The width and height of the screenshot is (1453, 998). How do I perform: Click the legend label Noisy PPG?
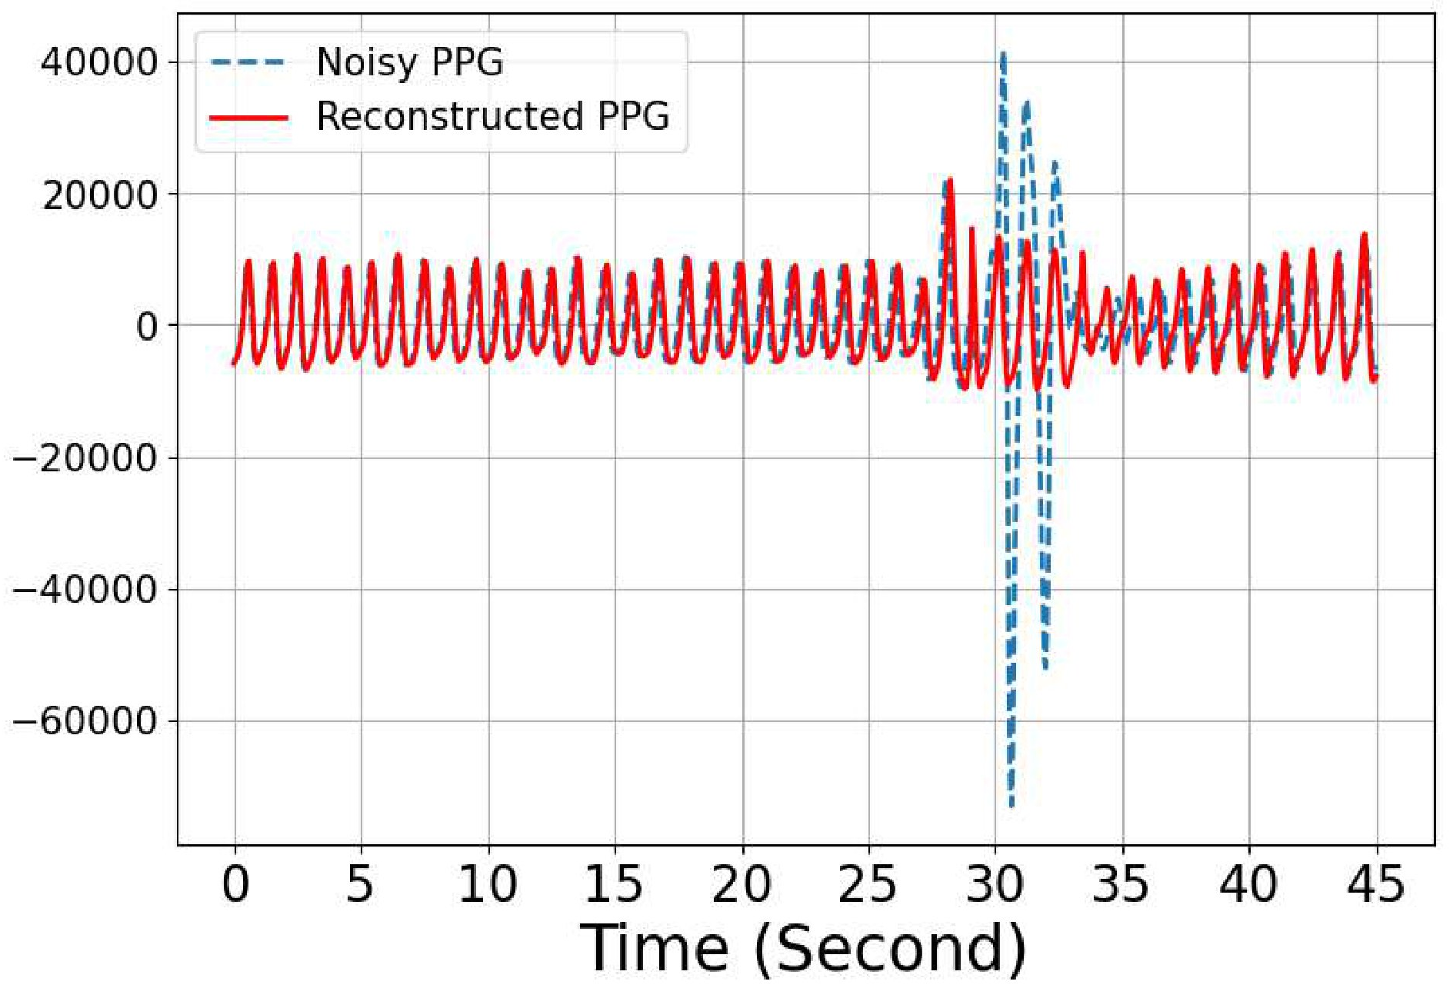410,62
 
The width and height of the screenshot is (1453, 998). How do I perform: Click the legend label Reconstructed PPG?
493,117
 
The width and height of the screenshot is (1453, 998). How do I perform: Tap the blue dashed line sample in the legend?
248,62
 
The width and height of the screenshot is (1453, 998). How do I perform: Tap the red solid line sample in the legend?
248,118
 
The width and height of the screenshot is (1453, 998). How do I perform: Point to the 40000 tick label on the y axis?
99,62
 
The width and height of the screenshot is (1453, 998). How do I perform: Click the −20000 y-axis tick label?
85,459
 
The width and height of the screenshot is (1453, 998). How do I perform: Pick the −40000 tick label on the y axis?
85,590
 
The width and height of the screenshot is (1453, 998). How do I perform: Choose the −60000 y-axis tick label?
85,722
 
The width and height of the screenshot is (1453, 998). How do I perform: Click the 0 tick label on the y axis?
147,327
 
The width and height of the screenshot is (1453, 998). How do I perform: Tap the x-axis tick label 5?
360,884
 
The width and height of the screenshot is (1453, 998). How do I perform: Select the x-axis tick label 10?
488,884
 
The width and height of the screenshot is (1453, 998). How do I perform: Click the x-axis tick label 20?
741,884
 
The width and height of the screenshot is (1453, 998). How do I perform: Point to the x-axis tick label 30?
995,884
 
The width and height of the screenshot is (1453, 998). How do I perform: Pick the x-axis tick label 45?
1375,884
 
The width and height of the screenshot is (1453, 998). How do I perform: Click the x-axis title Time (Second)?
803,949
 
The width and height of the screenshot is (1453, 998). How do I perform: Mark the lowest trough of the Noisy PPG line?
1011,805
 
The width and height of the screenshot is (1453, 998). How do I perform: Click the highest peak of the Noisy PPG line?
1002,53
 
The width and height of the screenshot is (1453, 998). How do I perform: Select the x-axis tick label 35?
1121,884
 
